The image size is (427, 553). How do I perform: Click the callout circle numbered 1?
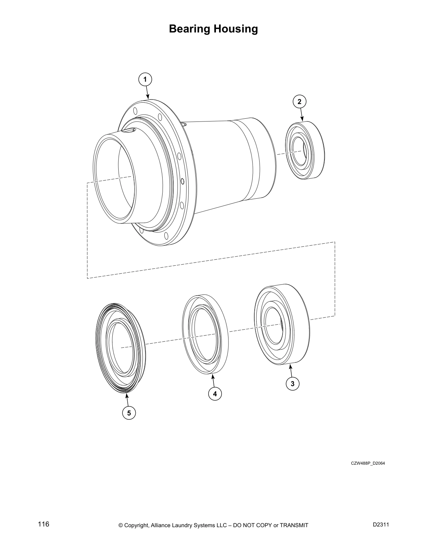[145, 80]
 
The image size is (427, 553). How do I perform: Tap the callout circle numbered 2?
[299, 102]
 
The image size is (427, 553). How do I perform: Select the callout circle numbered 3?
[292, 384]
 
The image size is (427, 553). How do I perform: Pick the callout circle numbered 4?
[215, 394]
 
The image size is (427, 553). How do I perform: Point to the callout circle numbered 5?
[129, 413]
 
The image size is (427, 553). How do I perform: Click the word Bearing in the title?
[190, 29]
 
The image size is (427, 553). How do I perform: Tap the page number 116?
[44, 524]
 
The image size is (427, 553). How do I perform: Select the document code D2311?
[381, 525]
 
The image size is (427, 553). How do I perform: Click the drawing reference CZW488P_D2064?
[368, 463]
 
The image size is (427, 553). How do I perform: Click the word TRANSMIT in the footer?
[294, 525]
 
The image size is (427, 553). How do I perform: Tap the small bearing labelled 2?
[305, 150]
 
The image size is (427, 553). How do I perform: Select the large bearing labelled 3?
[282, 325]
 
